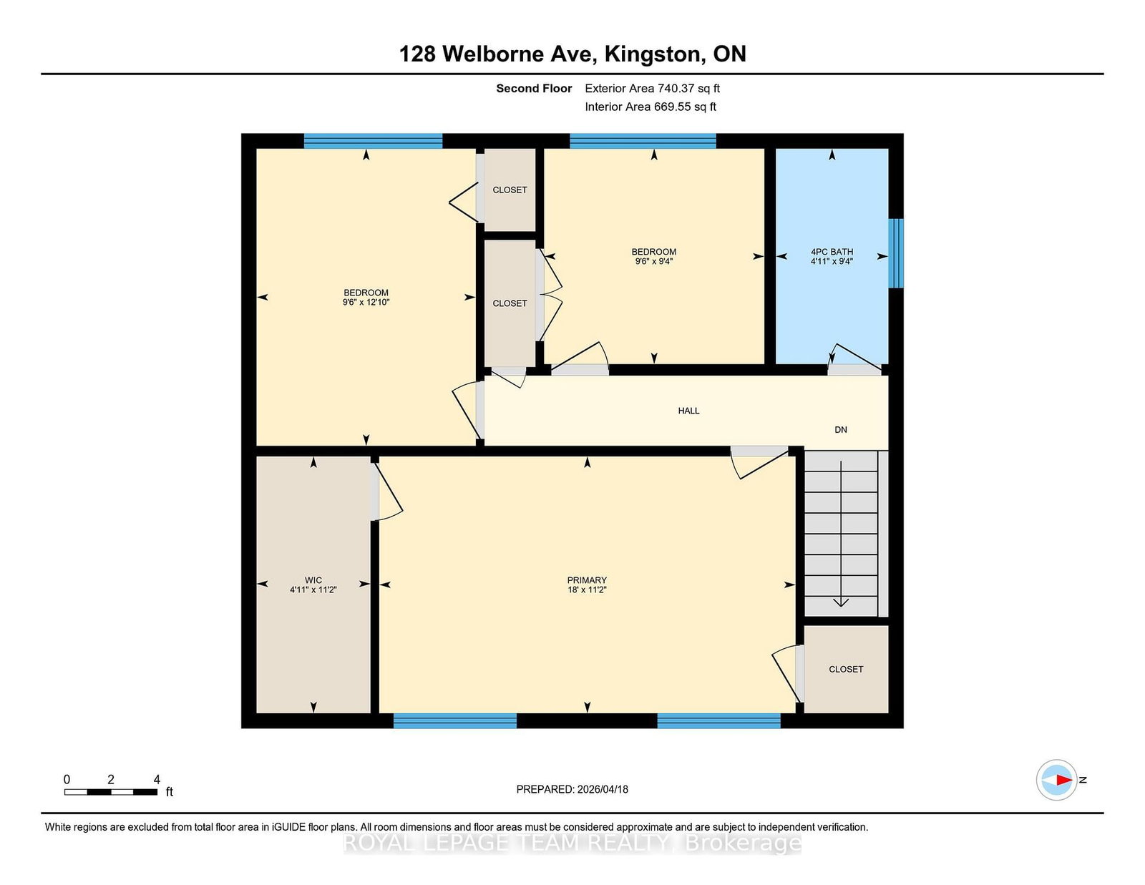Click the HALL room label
pos(688,411)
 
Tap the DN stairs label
pos(840,430)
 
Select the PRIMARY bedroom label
pos(587,580)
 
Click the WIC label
pos(313,580)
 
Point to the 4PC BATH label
pos(832,252)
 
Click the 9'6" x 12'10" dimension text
pos(366,303)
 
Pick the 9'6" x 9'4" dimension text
pos(653,261)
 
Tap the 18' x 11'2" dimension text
pos(587,590)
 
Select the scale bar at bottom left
pos(111,792)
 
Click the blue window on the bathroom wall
pos(896,253)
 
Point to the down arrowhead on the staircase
pos(840,602)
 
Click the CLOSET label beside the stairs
pos(846,669)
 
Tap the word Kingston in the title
pos(653,54)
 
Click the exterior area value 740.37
pos(675,89)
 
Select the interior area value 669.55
pos(671,107)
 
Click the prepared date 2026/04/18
pos(603,789)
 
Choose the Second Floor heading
pos(534,89)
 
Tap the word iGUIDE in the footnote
pos(288,827)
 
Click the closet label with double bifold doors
pos(510,303)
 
